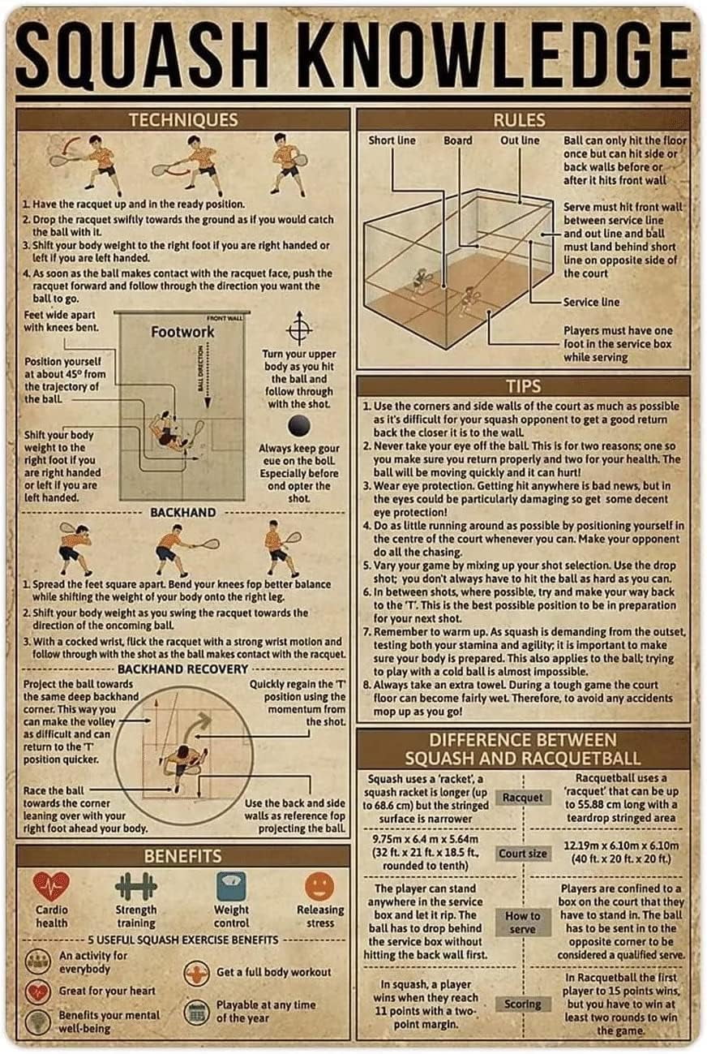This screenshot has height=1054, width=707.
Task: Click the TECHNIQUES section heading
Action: (182, 120)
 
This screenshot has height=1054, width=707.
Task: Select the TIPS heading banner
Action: (523, 385)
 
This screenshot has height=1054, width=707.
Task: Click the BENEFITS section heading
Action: (182, 855)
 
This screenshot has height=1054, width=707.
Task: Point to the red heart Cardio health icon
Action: (51, 887)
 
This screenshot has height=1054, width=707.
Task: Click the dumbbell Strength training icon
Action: (135, 886)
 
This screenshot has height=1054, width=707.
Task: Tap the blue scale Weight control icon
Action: (231, 886)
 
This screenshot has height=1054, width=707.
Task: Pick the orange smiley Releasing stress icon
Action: (319, 886)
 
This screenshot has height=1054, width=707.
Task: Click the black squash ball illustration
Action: (300, 426)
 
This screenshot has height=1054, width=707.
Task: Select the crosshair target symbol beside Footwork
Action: (300, 328)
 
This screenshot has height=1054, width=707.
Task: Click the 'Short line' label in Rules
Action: (392, 140)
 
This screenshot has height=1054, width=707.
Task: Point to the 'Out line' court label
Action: (520, 140)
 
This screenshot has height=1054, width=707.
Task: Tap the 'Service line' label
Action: (591, 302)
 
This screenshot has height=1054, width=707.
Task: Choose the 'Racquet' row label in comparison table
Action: (523, 798)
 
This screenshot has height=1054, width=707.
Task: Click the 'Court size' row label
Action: (523, 854)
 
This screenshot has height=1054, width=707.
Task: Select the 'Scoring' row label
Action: (523, 1004)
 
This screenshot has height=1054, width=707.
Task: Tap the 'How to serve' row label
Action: (523, 923)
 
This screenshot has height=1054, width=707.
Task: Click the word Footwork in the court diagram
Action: (182, 332)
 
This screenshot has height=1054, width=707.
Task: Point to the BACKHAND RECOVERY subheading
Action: (182, 669)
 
